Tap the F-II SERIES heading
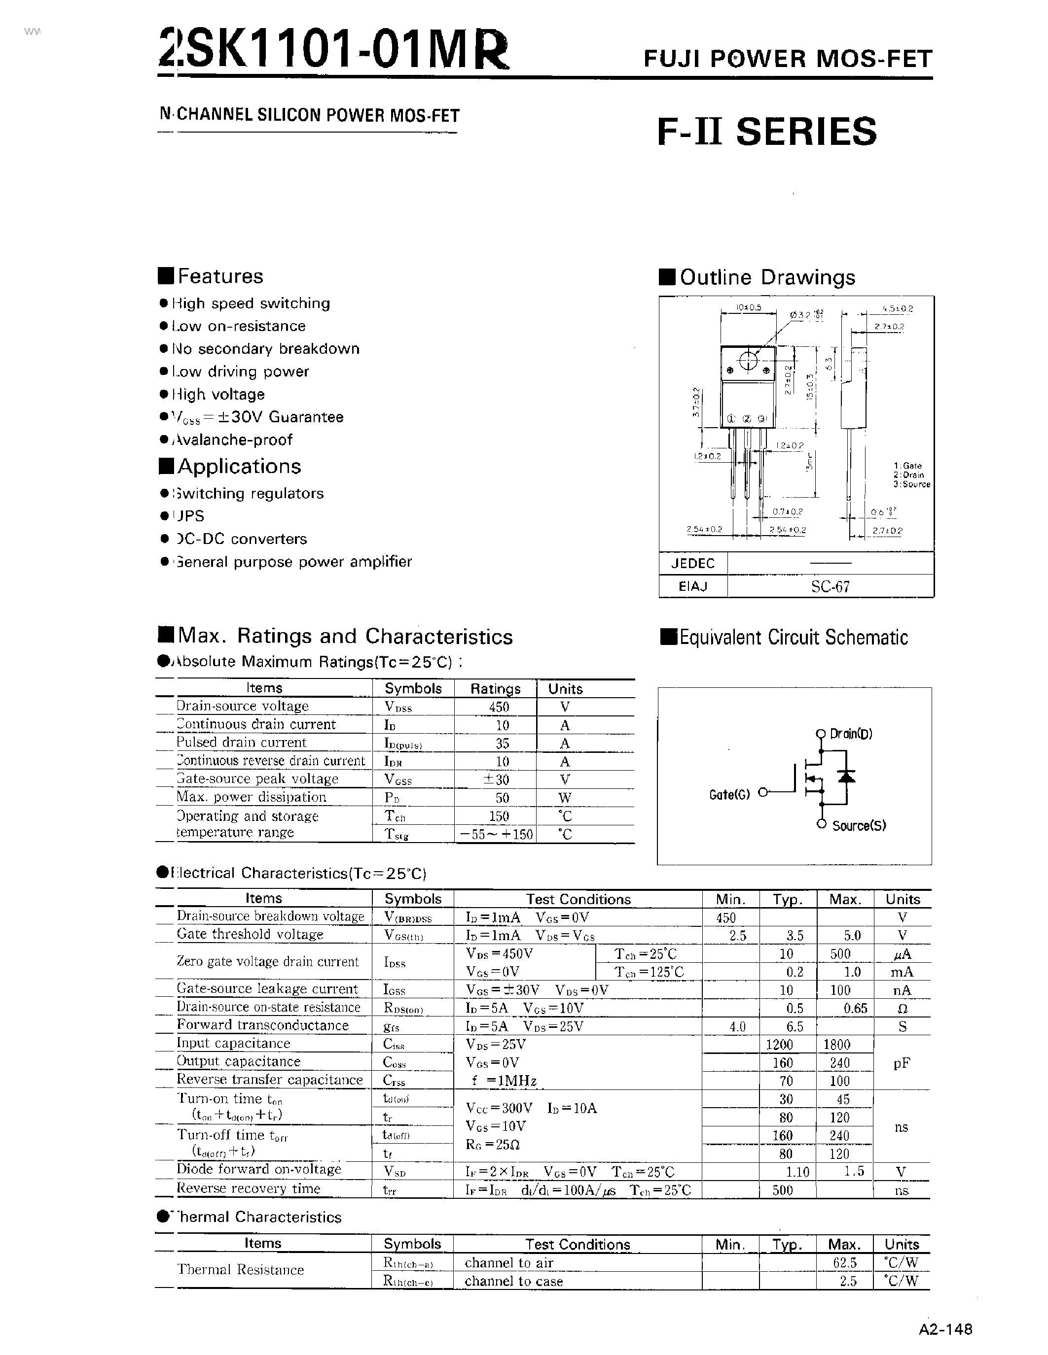pyautogui.click(x=767, y=132)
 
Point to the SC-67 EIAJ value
pyautogui.click(x=830, y=587)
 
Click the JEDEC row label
pyautogui.click(x=693, y=563)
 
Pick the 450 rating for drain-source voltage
pyautogui.click(x=498, y=707)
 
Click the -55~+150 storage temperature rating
pyautogui.click(x=496, y=835)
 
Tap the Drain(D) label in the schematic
pyautogui.click(x=851, y=734)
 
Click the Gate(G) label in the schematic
pyautogui.click(x=729, y=794)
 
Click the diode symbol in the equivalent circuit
pyautogui.click(x=846, y=776)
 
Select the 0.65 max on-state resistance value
pyautogui.click(x=855, y=1009)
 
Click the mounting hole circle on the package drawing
pyautogui.click(x=748, y=361)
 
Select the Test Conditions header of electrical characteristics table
pyautogui.click(x=578, y=899)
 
